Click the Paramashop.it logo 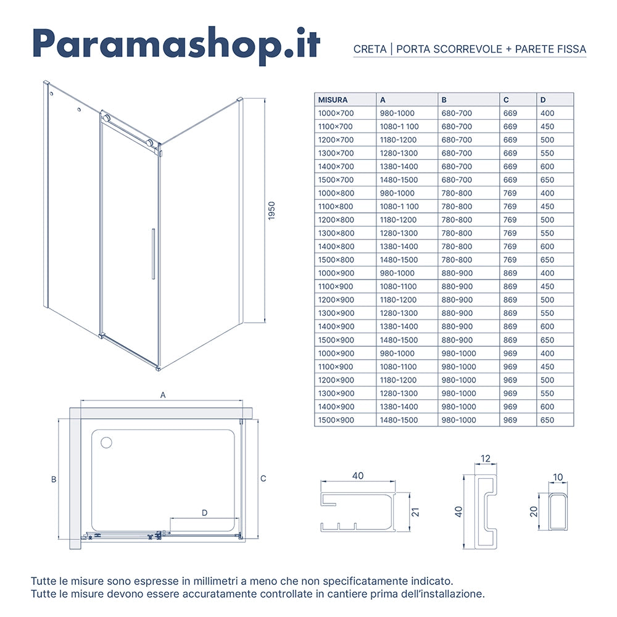[x=176, y=44]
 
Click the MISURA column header [x=333, y=100]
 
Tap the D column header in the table [x=543, y=100]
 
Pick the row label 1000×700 [x=336, y=114]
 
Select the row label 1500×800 [x=336, y=260]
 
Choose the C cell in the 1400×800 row [x=510, y=247]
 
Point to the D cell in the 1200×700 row [x=547, y=140]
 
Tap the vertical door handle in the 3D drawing [x=152, y=254]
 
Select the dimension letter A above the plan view [x=163, y=394]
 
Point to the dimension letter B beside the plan [x=54, y=479]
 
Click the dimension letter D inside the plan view [x=204, y=513]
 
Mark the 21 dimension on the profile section [x=415, y=511]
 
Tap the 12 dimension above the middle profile [x=486, y=458]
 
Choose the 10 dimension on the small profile [x=558, y=477]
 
